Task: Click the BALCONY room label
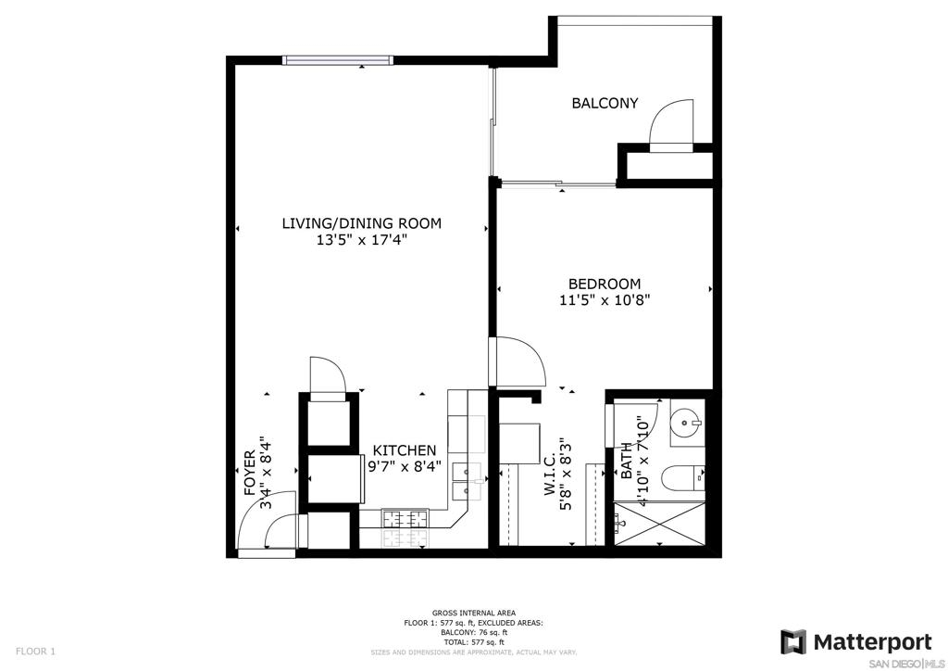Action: [x=605, y=103]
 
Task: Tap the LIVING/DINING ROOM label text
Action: [x=362, y=223]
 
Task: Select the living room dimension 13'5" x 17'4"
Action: [x=362, y=240]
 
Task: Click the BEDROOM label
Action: [x=605, y=284]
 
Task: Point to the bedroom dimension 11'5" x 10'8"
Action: [x=605, y=299]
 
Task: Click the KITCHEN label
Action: [x=404, y=450]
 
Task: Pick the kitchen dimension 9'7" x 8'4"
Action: [x=405, y=466]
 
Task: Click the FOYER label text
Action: [x=250, y=474]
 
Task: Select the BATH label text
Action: [x=627, y=461]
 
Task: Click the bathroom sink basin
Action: [x=688, y=423]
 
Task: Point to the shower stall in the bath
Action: [x=659, y=524]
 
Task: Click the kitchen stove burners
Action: [x=405, y=519]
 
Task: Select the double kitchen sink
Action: [x=467, y=481]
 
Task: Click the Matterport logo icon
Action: [x=792, y=642]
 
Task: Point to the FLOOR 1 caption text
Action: [x=35, y=652]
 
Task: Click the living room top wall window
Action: [x=338, y=60]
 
